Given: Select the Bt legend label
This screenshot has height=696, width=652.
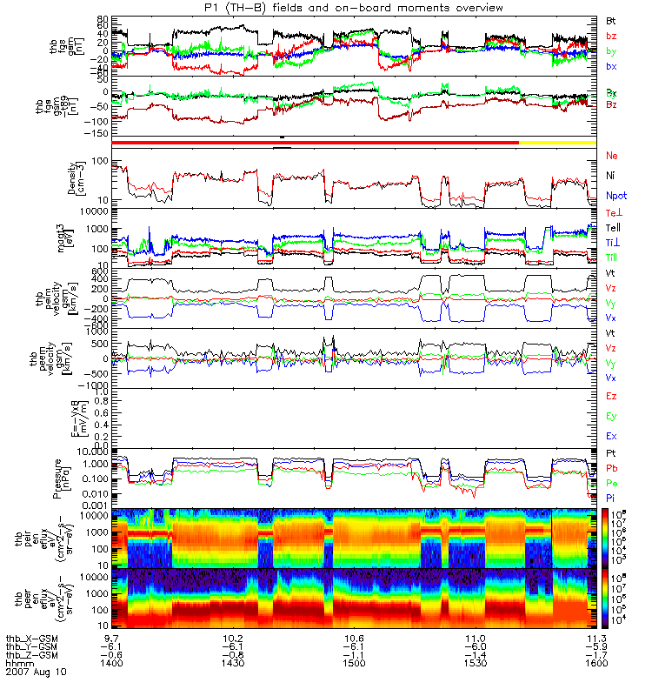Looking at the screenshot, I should click(611, 19).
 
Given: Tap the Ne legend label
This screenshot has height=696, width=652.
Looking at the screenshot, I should click(611, 155).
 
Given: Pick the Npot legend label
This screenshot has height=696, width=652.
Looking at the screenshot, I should click(615, 197).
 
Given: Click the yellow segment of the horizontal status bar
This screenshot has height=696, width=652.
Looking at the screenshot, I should click(556, 142).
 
